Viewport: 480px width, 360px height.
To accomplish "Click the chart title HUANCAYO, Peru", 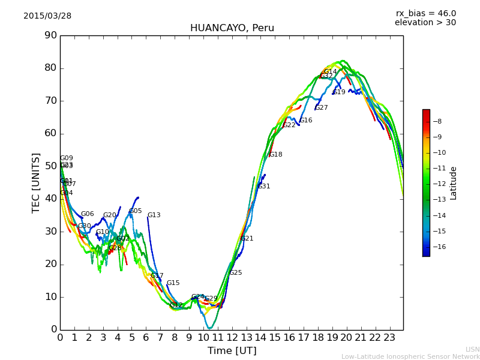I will pos(232,28).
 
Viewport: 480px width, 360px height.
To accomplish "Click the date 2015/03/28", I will pos(47,16).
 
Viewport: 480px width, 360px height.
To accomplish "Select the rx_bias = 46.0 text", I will pos(425,13).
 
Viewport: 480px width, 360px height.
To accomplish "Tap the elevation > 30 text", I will pos(425,23).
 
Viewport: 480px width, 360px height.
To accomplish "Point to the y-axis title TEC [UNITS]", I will pos(36,182).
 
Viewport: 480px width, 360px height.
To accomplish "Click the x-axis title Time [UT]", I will pos(232,351).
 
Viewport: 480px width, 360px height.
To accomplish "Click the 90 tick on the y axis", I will pos(50,35).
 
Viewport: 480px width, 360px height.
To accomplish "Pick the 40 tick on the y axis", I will pos(50,199).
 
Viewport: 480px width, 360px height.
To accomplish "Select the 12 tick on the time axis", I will pos(232,338).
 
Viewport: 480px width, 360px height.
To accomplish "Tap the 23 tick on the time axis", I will pos(389,338).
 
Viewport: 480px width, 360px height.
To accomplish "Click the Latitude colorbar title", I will pos(454,183).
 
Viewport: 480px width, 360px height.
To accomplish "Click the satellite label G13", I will pos(154,215).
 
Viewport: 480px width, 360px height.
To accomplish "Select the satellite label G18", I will pos(275,155).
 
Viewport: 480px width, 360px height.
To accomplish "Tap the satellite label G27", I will pos(322,108).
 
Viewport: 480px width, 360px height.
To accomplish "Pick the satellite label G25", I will pos(236,273).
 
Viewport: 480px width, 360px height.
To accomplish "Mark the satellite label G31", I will pos(263,187).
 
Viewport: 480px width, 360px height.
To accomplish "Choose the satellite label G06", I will pos(87,214).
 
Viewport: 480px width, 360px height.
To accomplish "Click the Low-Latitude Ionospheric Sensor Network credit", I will pos(410,357).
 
